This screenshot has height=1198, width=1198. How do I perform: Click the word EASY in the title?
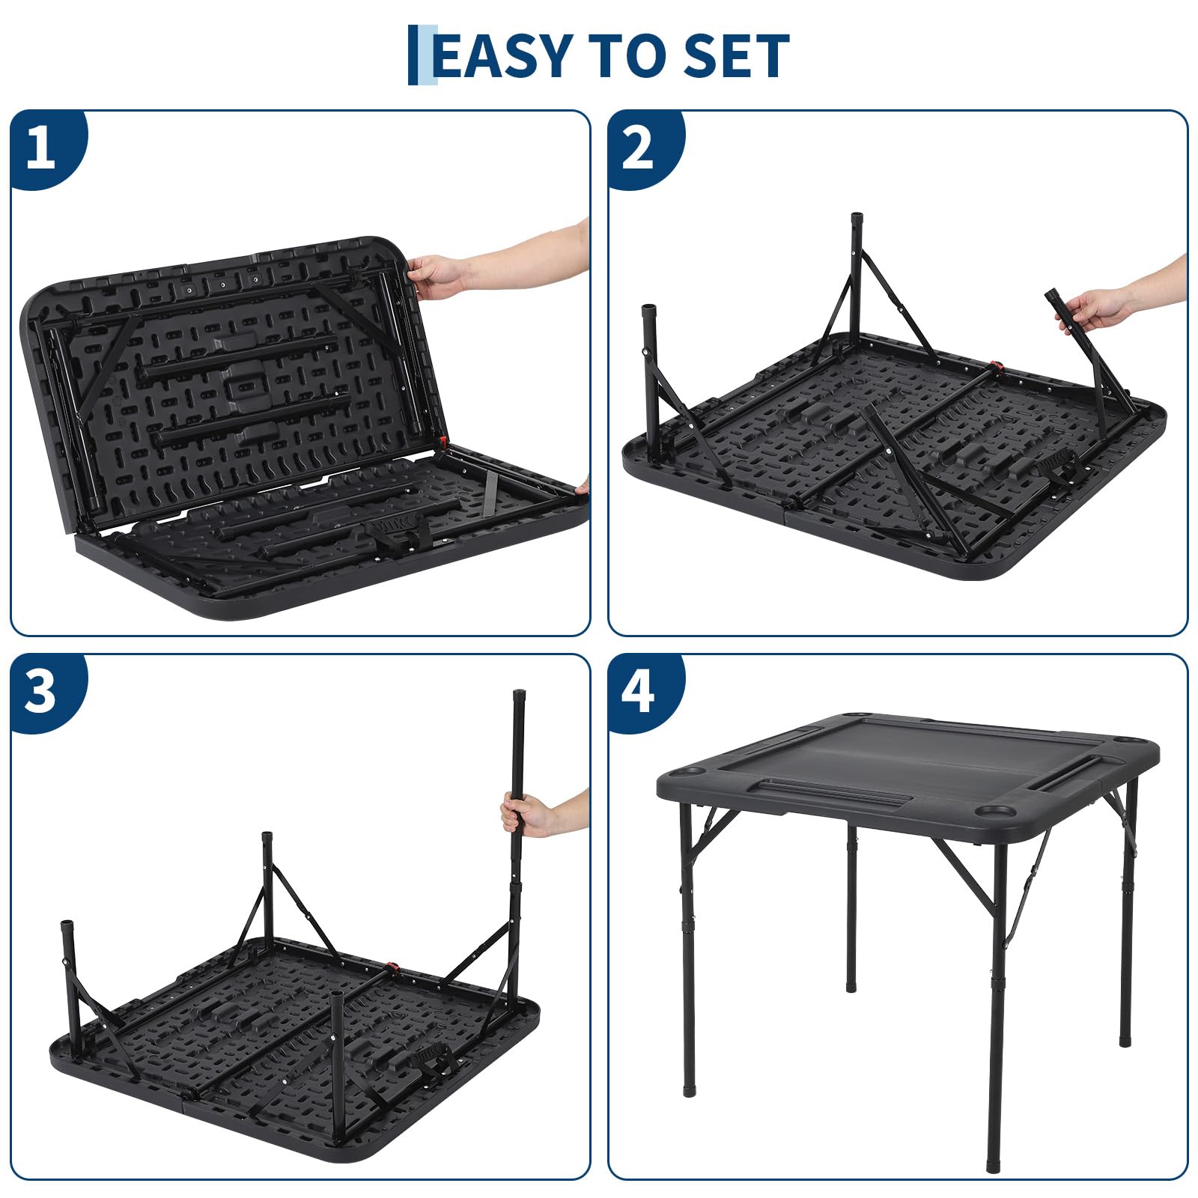pos(502,55)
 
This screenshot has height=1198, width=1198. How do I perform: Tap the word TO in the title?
pos(628,55)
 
